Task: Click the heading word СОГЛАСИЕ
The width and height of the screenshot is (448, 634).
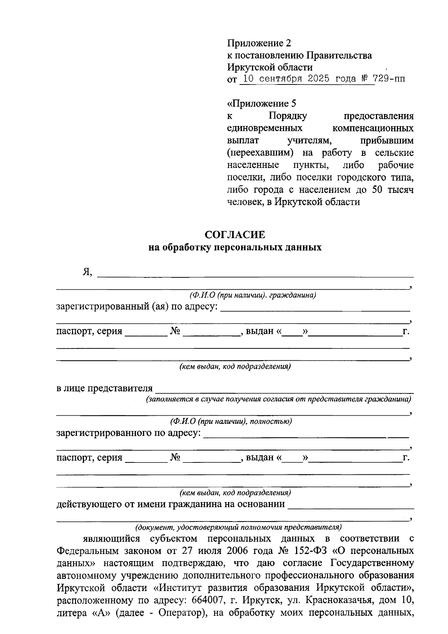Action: (235, 235)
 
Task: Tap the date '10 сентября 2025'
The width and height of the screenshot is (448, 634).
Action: (287, 79)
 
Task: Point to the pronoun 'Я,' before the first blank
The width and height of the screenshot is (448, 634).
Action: (87, 272)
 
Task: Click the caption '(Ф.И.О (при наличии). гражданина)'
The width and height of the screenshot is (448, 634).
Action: (253, 295)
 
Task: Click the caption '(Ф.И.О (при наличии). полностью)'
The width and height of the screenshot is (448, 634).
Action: (231, 422)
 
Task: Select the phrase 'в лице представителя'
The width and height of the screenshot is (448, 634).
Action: (105, 388)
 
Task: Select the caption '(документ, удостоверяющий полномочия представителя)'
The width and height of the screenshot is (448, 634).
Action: (238, 527)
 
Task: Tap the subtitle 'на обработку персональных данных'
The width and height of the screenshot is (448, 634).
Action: (235, 247)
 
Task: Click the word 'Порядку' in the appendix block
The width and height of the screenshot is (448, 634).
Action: (288, 116)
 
